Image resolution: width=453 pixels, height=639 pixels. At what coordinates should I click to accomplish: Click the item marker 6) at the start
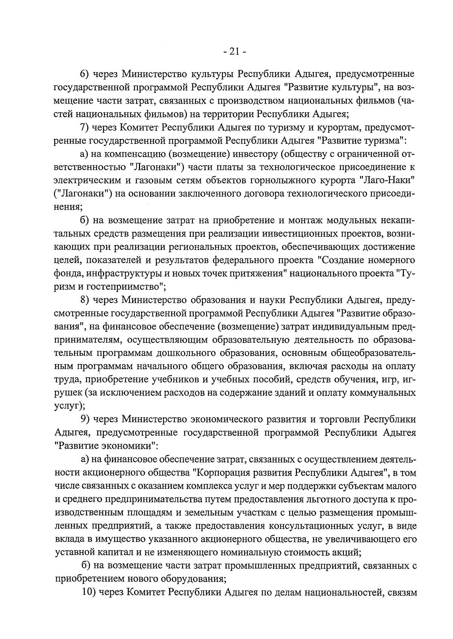(85, 74)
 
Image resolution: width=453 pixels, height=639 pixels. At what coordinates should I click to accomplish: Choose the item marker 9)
(85, 419)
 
